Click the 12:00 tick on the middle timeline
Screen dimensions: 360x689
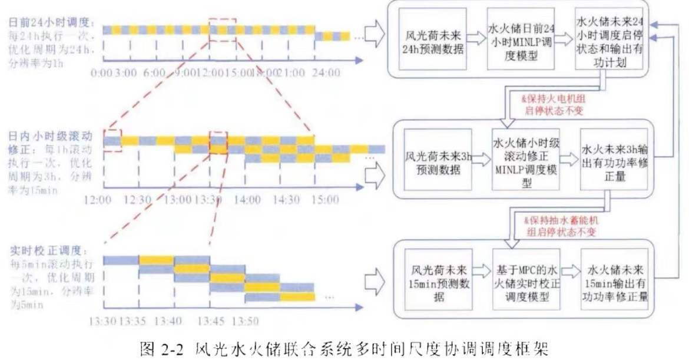pyautogui.click(x=98, y=200)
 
